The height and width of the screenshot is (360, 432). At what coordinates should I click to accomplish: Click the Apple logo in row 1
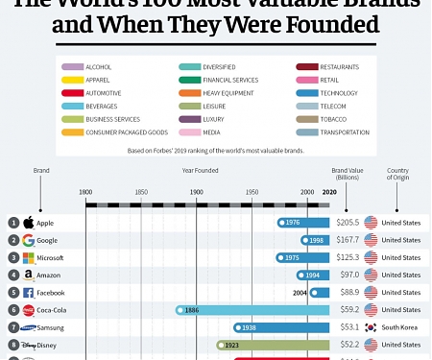pos(28,223)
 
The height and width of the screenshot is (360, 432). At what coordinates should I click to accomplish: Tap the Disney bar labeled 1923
pos(274,345)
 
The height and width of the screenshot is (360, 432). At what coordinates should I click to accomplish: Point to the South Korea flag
pos(370,327)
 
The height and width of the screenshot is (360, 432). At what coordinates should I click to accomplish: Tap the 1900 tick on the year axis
pos(197,193)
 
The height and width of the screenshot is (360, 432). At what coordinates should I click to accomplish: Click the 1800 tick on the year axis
pos(86,193)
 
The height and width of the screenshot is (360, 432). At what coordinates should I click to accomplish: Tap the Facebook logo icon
pos(28,293)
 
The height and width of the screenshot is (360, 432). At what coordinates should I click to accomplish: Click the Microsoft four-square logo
pos(28,257)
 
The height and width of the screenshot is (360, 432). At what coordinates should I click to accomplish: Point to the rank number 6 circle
pos(13,310)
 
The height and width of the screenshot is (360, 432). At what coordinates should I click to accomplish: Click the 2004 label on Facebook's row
pos(300,293)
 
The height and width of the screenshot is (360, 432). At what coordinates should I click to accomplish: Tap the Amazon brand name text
pos(53,276)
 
